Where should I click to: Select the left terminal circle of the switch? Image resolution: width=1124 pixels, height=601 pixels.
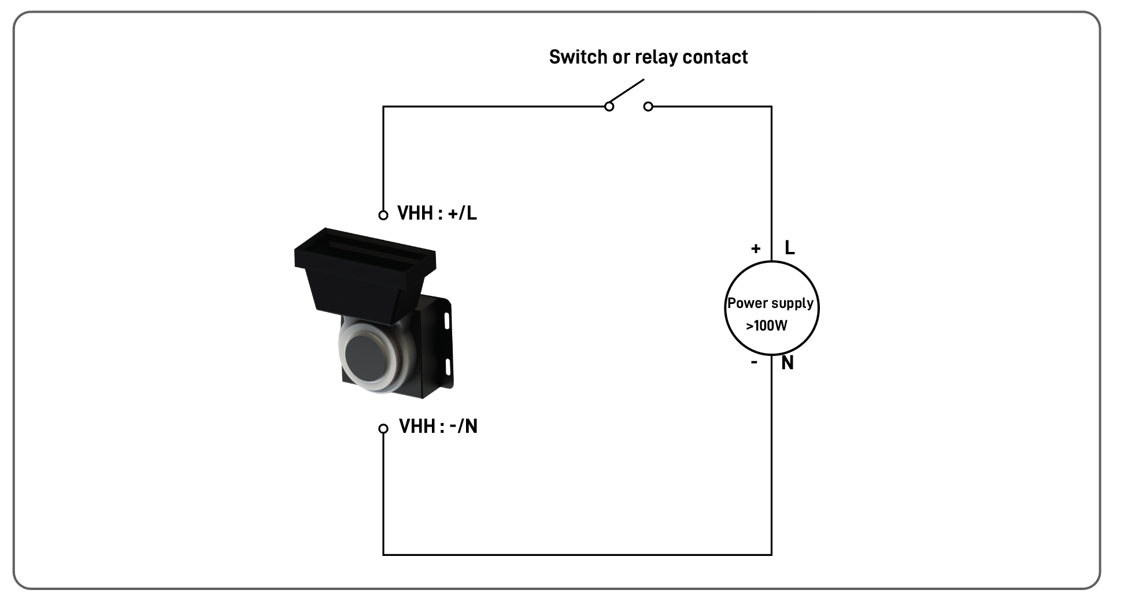[x=609, y=106]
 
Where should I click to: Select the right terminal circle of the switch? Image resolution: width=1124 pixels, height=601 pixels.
[x=648, y=106]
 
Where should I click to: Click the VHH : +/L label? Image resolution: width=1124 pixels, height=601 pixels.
[x=437, y=214]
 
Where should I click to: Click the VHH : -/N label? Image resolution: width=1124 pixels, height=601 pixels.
[x=438, y=426]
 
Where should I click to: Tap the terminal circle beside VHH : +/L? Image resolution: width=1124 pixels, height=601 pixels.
[x=383, y=215]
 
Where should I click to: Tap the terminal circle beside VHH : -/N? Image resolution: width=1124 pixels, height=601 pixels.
[x=383, y=429]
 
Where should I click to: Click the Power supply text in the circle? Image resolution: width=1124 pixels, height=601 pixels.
[x=770, y=303]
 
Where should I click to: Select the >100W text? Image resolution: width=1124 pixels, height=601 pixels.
[x=766, y=326]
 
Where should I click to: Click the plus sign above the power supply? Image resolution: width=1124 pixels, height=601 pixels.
[x=755, y=249]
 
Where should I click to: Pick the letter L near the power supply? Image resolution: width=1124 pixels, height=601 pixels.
[x=789, y=248]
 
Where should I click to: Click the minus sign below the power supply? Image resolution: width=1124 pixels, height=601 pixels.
[x=754, y=363]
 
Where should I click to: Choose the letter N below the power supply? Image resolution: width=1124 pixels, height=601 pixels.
[x=787, y=363]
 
